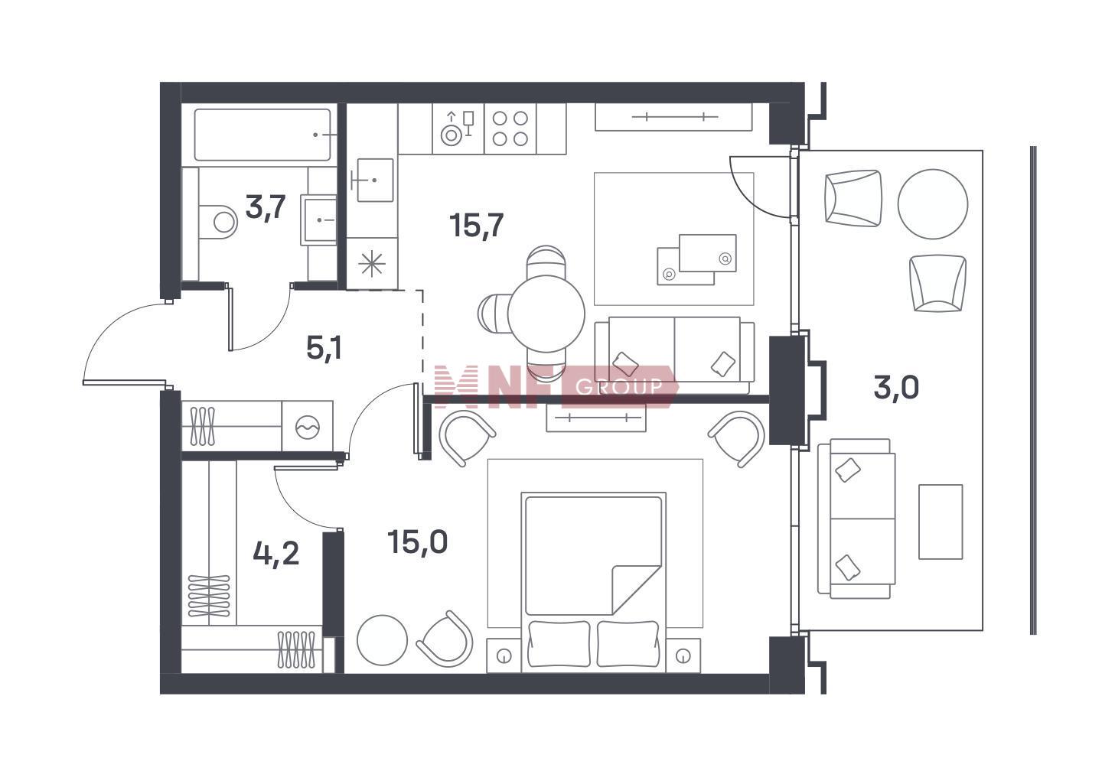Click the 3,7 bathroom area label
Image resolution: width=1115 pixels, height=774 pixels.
tap(266, 207)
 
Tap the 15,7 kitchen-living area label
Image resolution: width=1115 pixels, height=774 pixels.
tap(476, 226)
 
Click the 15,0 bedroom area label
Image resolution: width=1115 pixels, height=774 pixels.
tap(418, 541)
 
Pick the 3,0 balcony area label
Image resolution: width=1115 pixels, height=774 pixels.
tap(896, 388)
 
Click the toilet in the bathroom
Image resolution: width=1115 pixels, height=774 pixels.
tap(217, 222)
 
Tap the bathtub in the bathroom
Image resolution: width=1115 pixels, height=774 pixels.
tap(262, 135)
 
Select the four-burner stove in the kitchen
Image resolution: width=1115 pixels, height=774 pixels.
tap(510, 128)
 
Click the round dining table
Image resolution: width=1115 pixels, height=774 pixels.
tap(546, 314)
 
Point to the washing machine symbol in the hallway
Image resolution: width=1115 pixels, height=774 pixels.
tap(307, 426)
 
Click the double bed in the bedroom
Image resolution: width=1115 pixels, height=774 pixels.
tap(593, 583)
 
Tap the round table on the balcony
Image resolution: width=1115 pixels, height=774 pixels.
tap(933, 204)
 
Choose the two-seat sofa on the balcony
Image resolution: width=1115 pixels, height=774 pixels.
tap(856, 519)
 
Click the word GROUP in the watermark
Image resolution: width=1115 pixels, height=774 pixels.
tap(619, 386)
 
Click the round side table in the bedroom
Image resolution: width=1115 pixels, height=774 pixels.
tap(383, 640)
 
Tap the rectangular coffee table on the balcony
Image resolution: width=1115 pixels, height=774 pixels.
tap(941, 522)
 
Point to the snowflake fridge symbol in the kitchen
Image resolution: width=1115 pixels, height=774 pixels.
tap(372, 264)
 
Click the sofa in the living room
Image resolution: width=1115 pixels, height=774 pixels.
tap(674, 355)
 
